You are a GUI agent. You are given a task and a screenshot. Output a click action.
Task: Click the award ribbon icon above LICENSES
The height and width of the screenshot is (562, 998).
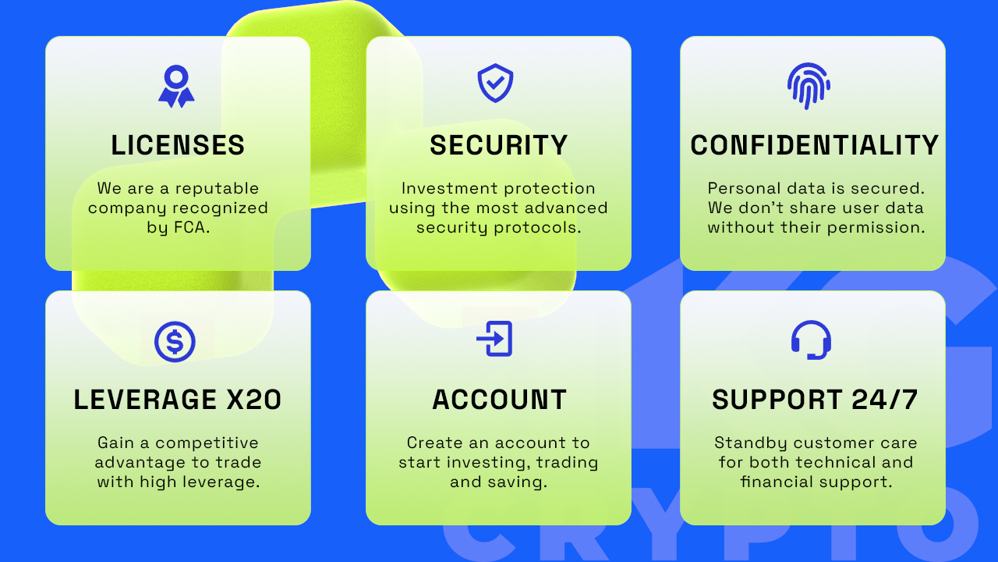[x=176, y=87]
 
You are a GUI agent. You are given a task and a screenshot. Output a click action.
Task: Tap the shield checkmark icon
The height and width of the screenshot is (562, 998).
[x=495, y=83]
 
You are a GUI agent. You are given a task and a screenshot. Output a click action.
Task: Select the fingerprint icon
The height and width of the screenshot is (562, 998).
[x=809, y=86]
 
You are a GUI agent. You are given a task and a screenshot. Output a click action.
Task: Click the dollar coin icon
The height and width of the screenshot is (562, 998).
[x=175, y=342]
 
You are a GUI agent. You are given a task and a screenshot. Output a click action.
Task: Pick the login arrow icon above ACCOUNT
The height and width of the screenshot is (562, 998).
[x=494, y=339]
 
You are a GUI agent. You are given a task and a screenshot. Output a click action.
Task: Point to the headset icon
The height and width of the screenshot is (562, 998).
[x=811, y=340]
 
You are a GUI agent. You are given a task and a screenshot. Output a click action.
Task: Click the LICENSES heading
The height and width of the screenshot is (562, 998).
[x=178, y=145]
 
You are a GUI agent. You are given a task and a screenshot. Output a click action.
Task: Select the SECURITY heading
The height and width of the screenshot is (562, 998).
[x=498, y=145]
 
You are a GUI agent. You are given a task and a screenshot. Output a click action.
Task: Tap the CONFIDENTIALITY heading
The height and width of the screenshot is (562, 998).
[x=815, y=145]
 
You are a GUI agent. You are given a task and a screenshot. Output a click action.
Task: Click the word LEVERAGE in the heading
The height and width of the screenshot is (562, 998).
[x=145, y=399]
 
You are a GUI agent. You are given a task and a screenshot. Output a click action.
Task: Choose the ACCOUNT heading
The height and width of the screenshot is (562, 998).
[x=500, y=399]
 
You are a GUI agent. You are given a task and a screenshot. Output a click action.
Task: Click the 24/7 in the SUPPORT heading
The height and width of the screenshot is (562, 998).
[x=884, y=399]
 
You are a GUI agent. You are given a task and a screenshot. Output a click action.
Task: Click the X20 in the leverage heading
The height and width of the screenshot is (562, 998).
[x=254, y=399]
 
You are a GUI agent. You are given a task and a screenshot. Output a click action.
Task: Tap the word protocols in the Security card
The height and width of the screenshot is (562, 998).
[x=537, y=228]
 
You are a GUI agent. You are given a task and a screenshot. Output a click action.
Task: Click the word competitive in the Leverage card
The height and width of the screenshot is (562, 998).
[x=207, y=443]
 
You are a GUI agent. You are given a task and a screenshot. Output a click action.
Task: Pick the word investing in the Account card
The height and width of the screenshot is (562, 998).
[x=489, y=463]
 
